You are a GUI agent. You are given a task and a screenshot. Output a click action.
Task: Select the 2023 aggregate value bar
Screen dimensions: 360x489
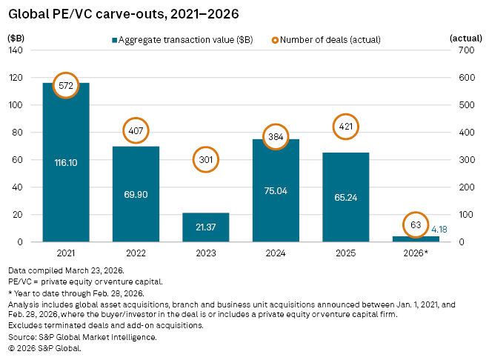click(x=205, y=227)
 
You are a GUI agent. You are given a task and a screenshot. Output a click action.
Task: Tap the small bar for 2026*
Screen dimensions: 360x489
click(x=415, y=239)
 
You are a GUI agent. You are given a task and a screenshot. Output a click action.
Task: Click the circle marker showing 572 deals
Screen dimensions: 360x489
click(x=66, y=86)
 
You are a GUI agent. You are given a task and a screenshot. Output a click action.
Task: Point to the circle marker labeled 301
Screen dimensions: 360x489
click(x=205, y=159)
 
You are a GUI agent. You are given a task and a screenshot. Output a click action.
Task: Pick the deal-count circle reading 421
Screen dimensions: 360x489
click(x=345, y=127)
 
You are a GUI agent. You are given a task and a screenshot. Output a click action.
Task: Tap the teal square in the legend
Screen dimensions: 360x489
click(x=115, y=40)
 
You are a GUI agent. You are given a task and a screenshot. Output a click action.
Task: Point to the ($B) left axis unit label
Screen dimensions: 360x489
click(x=16, y=36)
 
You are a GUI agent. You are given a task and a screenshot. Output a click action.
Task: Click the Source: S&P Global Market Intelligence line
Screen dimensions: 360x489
click(x=82, y=337)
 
